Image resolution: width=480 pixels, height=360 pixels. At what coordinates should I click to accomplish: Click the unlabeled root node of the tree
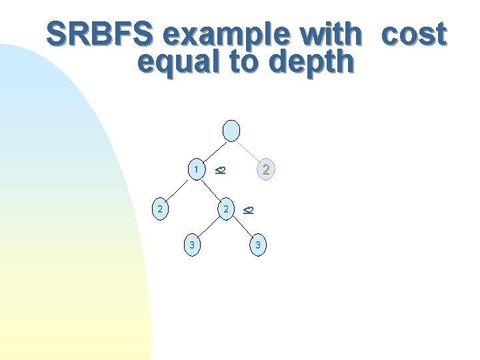231,131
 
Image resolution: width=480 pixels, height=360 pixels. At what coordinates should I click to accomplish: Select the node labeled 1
196,170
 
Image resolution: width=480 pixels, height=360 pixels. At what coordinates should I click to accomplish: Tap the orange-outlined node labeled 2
265,170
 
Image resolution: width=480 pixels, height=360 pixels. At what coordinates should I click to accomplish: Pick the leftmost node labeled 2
159,209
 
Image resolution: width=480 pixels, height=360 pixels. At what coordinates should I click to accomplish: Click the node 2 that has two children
227,209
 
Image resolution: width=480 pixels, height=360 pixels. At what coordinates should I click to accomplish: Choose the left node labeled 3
192,246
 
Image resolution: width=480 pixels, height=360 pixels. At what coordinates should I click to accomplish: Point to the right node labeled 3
258,246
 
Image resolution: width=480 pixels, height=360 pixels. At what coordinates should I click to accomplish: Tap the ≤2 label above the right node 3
247,210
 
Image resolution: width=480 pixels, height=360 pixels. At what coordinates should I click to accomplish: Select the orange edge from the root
250,151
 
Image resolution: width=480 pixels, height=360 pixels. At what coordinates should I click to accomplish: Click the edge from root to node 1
213,151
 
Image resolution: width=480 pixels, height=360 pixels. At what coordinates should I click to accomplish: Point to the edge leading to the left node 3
209,228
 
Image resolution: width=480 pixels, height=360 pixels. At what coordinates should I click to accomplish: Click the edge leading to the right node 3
243,228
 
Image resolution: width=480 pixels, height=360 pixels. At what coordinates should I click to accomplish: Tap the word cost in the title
413,35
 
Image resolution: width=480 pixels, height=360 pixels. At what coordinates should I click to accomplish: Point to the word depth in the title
311,61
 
